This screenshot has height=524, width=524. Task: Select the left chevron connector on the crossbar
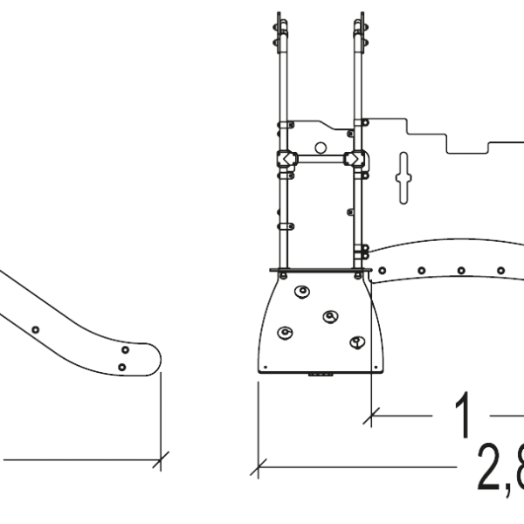point(286,160)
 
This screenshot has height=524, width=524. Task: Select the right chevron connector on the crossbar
point(355,160)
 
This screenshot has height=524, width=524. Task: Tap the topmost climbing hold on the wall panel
point(302,292)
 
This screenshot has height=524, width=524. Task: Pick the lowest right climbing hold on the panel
point(355,341)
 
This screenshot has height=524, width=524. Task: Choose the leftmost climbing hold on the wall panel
point(284,333)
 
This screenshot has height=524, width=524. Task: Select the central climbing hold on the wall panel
point(329,317)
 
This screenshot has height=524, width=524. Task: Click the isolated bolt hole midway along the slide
point(35,329)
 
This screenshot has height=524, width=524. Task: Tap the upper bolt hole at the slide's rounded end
point(123,351)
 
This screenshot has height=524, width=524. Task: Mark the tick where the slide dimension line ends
point(161,458)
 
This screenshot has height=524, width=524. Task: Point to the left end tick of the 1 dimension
point(372,417)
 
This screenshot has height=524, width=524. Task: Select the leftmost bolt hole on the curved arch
point(383,272)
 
